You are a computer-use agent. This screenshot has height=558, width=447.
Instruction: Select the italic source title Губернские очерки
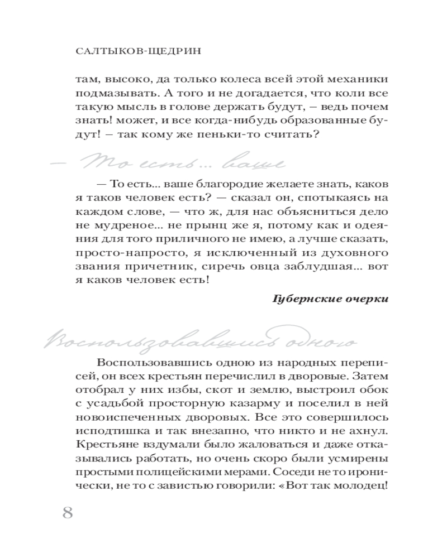point(330,298)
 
